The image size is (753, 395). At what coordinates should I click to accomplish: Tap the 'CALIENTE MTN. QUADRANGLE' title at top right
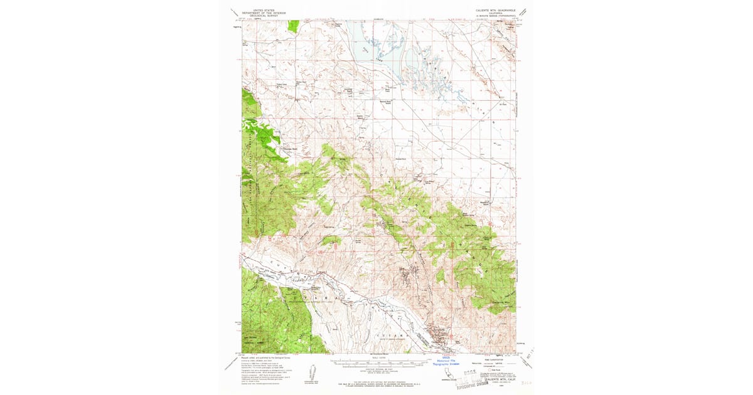click(x=495, y=9)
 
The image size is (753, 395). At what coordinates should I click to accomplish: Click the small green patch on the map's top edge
click(x=294, y=26)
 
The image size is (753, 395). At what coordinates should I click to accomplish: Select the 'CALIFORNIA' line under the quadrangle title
click(x=495, y=13)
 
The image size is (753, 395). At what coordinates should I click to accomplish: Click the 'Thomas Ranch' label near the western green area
click(x=291, y=149)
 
